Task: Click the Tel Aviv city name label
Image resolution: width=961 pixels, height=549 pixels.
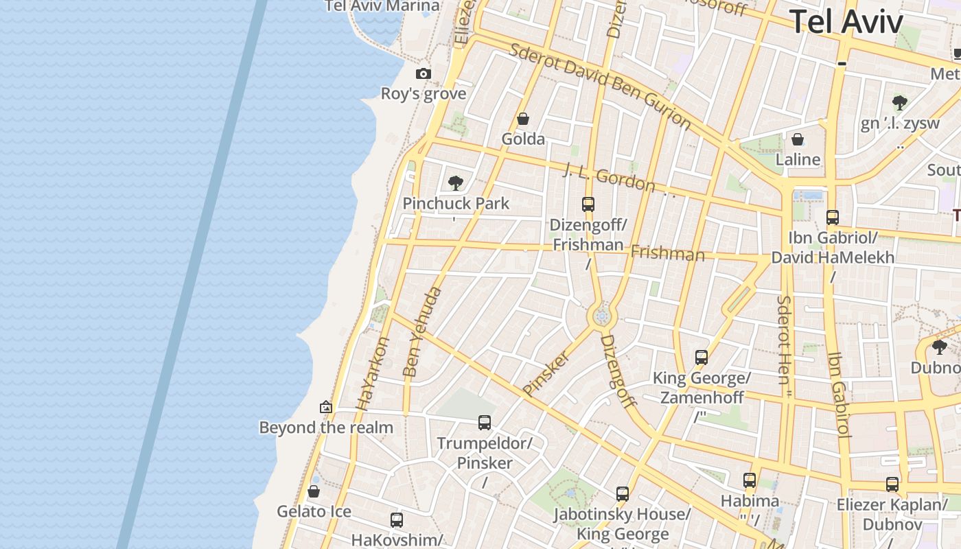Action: (846, 21)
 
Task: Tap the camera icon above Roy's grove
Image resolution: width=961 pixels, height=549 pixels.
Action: (424, 74)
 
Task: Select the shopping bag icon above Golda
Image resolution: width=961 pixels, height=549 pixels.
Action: (523, 119)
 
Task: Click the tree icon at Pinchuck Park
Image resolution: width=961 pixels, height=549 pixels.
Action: (455, 183)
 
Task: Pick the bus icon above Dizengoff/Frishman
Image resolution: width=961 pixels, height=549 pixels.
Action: (588, 204)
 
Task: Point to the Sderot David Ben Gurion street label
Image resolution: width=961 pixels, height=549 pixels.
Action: (600, 85)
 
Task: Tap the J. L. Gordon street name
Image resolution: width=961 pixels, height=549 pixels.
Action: (610, 178)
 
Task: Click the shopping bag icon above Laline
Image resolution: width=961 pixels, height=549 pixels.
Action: (798, 140)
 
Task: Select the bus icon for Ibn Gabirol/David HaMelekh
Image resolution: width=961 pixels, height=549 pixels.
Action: (833, 218)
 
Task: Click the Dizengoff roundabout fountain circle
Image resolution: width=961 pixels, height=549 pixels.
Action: (603, 316)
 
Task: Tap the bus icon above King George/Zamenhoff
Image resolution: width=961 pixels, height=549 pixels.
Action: (701, 358)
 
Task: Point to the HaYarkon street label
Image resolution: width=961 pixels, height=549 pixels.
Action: (372, 373)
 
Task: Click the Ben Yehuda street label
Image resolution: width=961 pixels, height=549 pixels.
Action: (421, 332)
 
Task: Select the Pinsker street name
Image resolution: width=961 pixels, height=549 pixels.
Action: (546, 373)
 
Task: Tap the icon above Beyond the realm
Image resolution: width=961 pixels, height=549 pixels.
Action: (326, 407)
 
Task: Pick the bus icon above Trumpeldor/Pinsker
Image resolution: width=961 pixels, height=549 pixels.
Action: (485, 423)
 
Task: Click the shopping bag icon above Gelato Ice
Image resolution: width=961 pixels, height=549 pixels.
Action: (314, 491)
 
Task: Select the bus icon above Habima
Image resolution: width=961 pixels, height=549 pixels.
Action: (750, 480)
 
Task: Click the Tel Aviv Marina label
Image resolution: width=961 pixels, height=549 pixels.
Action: (382, 6)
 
